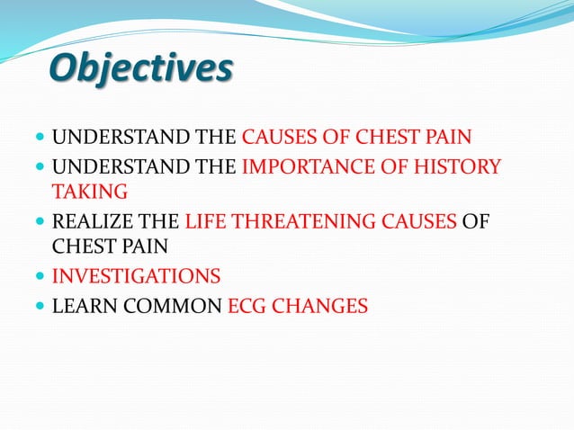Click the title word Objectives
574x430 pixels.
click(x=140, y=70)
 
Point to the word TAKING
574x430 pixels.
click(x=89, y=192)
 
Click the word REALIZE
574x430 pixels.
click(x=93, y=222)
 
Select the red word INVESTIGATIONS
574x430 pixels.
click(x=136, y=276)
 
